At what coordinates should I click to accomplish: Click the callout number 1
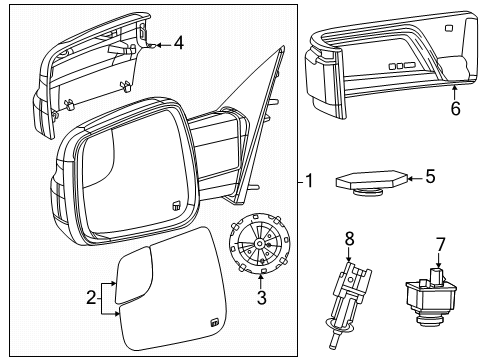click(x=310, y=181)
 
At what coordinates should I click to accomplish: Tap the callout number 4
click(x=178, y=43)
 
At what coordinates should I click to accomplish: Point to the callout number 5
click(x=430, y=177)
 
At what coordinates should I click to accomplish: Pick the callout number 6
click(x=455, y=109)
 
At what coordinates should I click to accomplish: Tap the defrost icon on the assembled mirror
click(x=175, y=204)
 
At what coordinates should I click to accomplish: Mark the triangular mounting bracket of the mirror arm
click(x=255, y=100)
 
